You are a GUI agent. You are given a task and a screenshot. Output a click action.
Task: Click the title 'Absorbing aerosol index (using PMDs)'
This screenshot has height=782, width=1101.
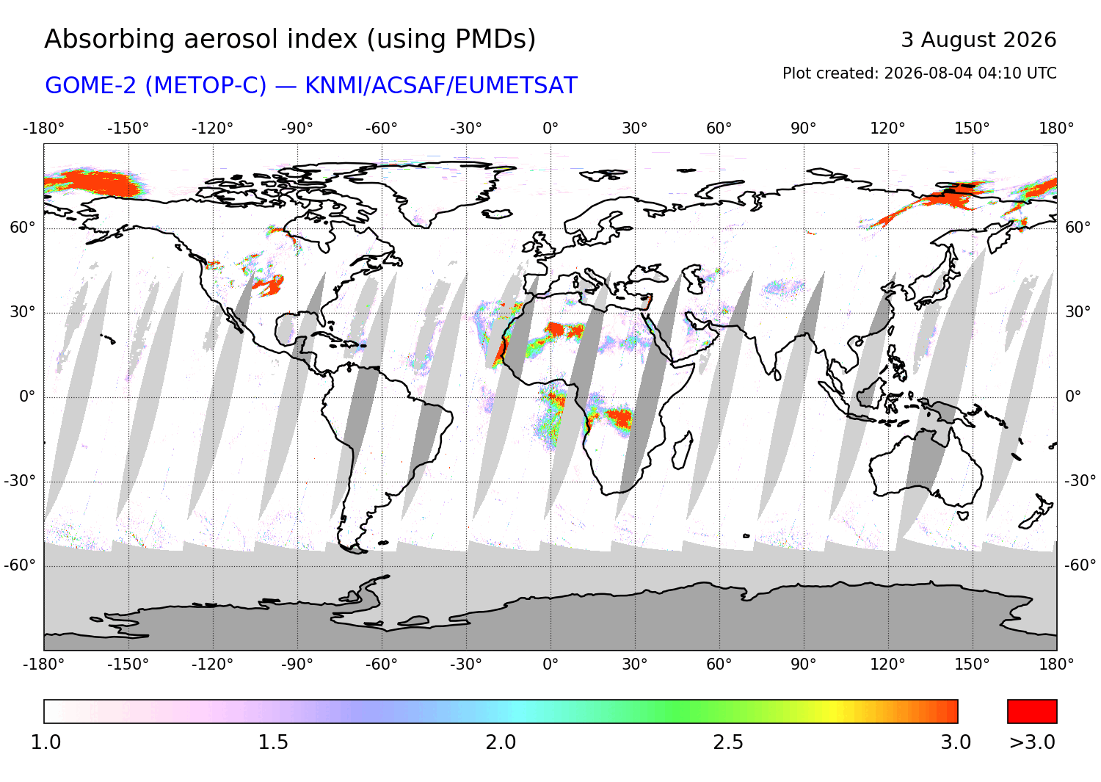click(x=290, y=40)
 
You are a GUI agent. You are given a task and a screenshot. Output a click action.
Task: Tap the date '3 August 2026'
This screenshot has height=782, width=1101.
click(x=978, y=40)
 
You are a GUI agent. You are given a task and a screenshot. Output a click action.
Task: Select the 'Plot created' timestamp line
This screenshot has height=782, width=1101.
click(x=919, y=73)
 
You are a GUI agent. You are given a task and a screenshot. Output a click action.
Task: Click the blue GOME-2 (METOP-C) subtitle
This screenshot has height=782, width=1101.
click(x=310, y=86)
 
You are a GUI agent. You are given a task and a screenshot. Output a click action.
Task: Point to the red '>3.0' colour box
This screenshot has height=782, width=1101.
click(x=1032, y=712)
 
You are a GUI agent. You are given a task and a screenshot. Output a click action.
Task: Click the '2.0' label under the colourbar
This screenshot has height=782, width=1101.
click(x=501, y=742)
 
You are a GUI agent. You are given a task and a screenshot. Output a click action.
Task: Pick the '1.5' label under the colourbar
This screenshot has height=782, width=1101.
click(x=273, y=742)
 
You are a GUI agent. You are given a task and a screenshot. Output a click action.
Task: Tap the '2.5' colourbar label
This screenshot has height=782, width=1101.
click(x=728, y=742)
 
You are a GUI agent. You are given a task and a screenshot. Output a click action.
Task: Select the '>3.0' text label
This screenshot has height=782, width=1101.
click(x=1032, y=742)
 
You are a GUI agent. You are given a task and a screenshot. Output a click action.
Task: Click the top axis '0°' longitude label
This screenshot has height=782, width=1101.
click(x=550, y=128)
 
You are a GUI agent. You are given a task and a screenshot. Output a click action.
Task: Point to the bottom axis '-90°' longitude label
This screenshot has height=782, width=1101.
click(x=297, y=665)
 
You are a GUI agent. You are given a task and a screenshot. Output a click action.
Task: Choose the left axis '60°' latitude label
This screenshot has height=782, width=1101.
click(x=23, y=228)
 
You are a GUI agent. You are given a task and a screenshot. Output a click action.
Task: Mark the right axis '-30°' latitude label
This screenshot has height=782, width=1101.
click(x=1080, y=480)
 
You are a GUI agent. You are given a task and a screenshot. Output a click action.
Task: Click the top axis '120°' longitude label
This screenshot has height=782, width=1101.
click(x=887, y=128)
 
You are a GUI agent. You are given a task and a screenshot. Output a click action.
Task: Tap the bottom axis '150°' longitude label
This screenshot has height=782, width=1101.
click(x=973, y=665)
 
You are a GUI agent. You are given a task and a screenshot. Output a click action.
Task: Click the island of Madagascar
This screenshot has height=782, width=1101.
click(x=682, y=451)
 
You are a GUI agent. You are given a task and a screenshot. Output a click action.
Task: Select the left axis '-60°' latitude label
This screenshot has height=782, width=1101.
click(x=20, y=565)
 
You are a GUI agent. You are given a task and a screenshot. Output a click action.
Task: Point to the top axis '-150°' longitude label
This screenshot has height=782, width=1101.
click(x=128, y=128)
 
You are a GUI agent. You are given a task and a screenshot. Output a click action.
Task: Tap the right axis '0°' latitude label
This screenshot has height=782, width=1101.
click(x=1073, y=396)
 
